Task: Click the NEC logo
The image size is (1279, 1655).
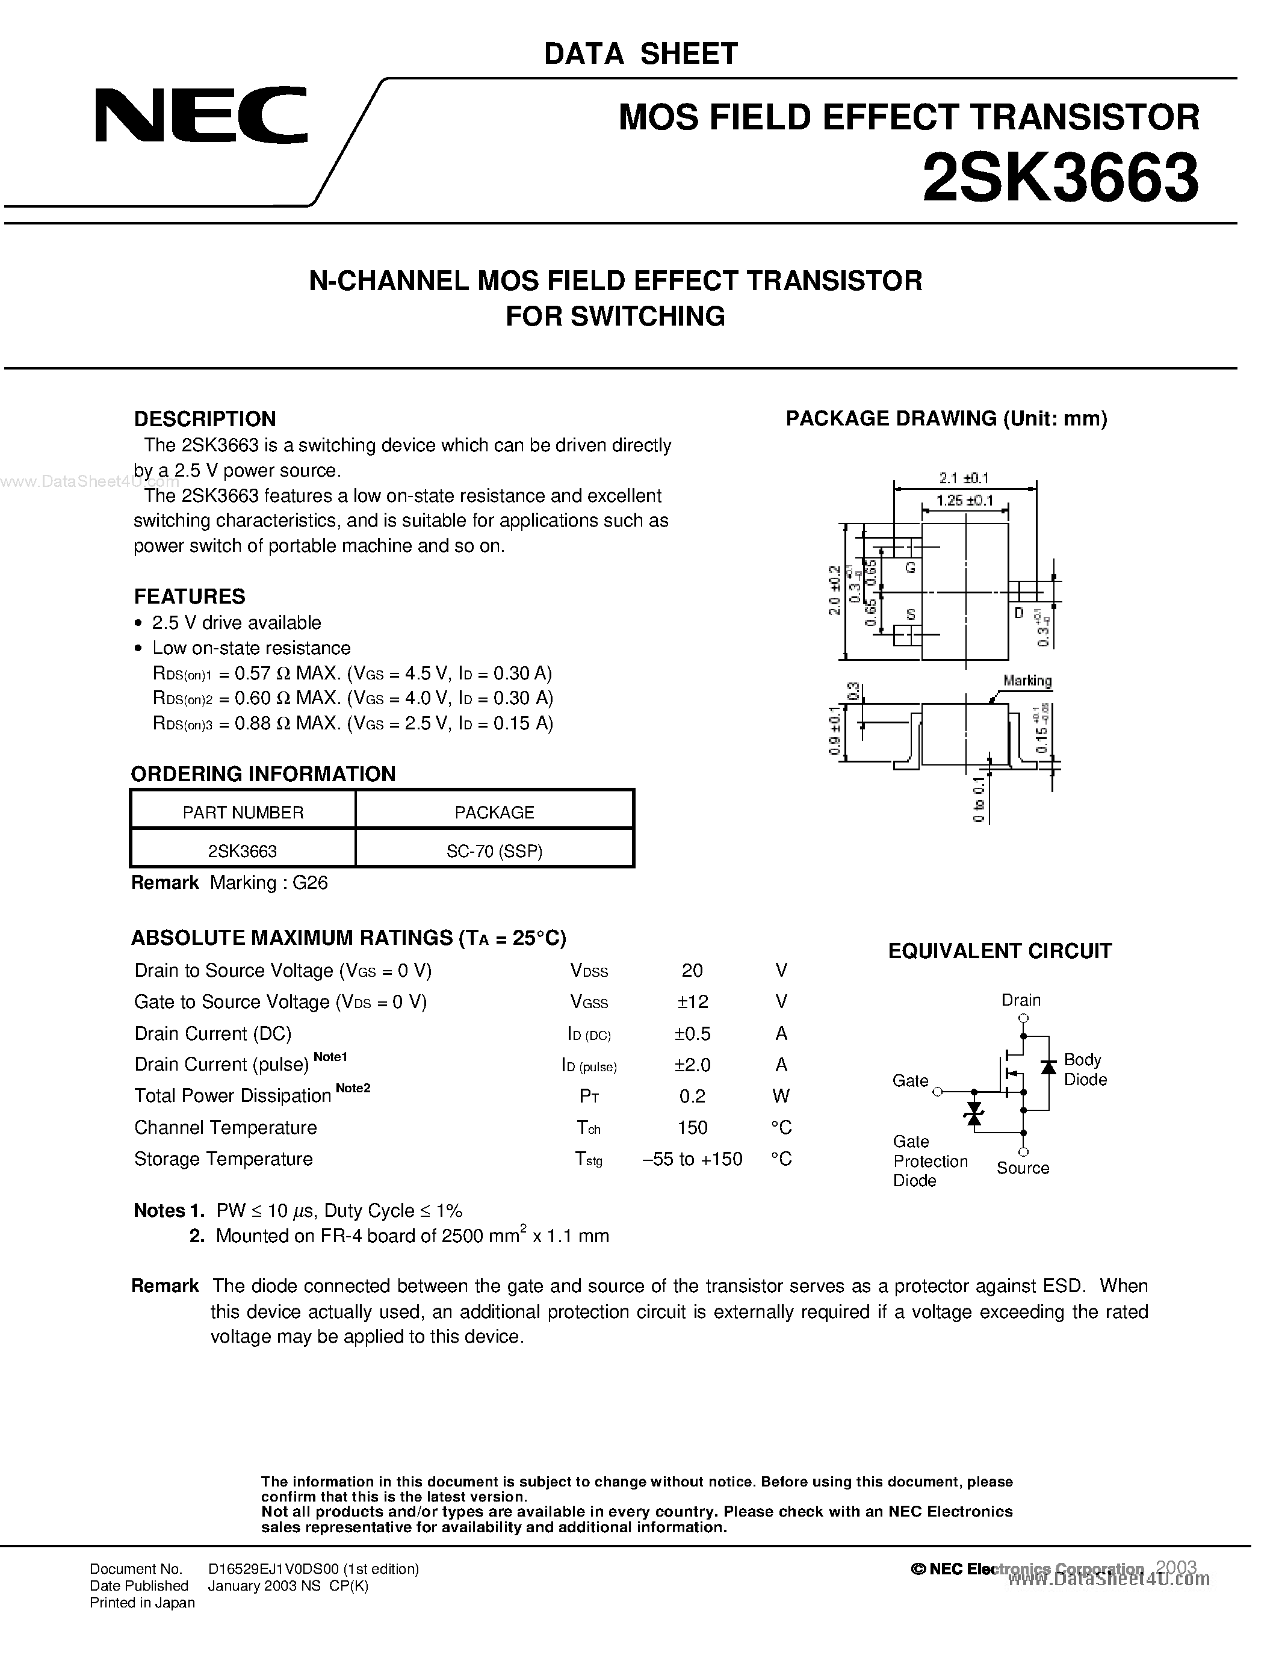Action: point(201,115)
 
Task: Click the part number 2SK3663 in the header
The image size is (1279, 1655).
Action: point(1059,178)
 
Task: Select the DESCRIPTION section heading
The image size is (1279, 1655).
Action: point(205,419)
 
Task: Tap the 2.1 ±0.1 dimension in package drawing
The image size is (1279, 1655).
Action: point(964,478)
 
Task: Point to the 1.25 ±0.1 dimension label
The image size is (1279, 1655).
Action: point(964,501)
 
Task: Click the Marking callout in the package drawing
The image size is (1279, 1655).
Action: point(1027,681)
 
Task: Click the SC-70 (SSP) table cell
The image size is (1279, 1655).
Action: point(494,851)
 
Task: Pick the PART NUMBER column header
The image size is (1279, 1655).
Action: point(243,812)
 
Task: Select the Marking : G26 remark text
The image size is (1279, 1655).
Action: point(268,883)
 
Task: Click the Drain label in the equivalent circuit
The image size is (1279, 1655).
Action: point(1021,1000)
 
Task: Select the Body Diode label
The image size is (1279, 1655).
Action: point(1085,1069)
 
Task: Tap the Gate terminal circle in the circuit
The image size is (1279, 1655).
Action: point(938,1092)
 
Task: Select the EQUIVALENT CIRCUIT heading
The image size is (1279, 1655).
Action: point(999,951)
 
